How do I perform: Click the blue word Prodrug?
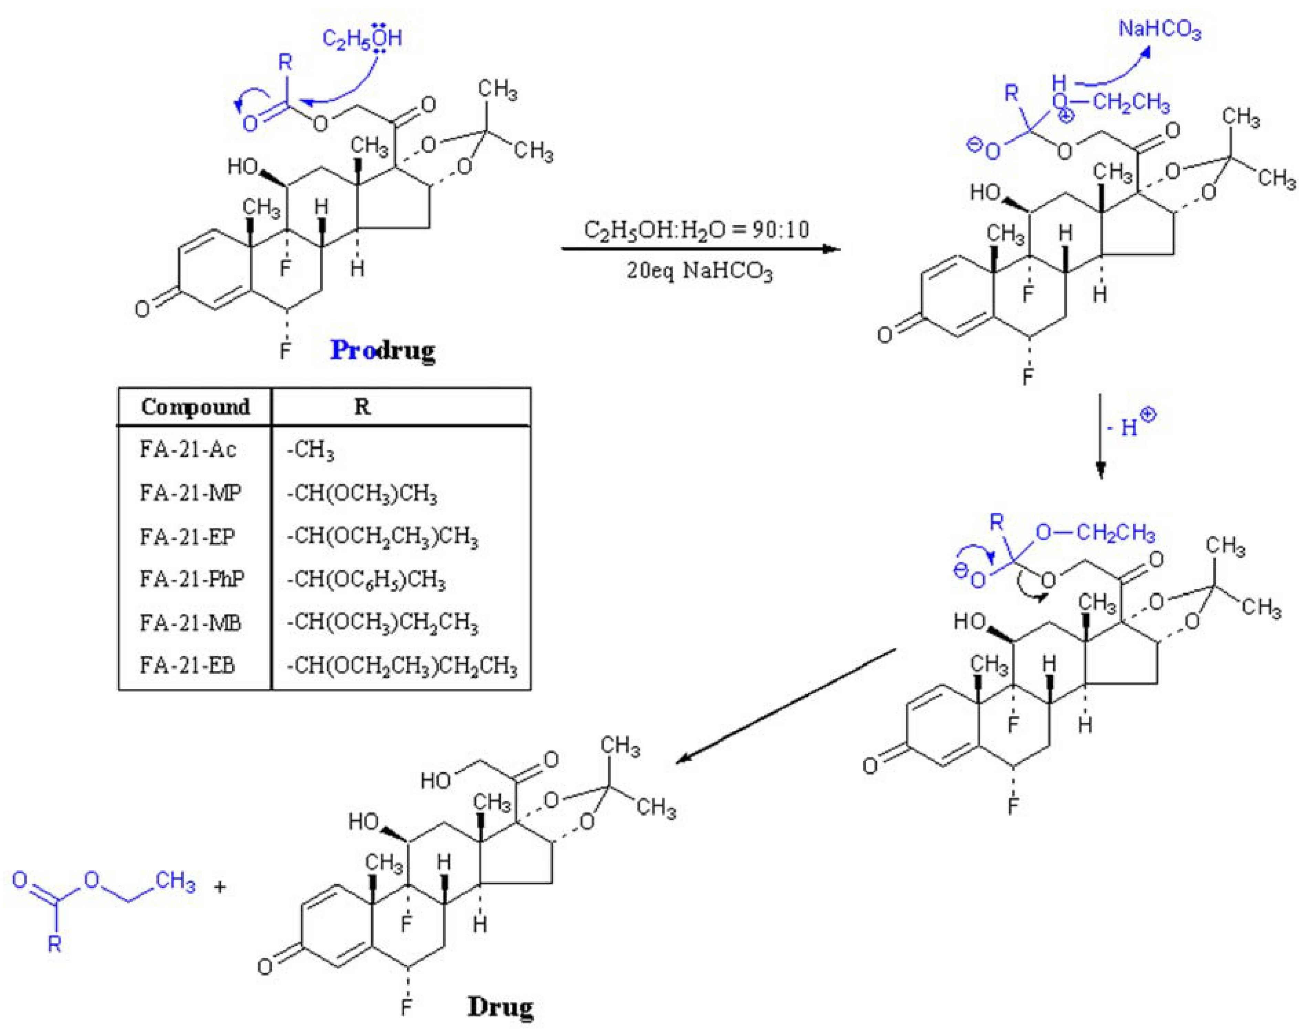pos(382,350)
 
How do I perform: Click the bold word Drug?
pos(500,1006)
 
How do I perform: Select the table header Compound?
pos(195,407)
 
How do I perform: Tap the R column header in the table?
pos(362,407)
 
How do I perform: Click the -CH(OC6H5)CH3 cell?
pos(366,581)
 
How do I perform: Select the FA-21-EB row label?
pos(188,665)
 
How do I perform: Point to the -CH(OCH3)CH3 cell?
pos(362,494)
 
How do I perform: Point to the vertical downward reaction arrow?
pos(1100,437)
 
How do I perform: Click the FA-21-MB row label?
pos(190,623)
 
